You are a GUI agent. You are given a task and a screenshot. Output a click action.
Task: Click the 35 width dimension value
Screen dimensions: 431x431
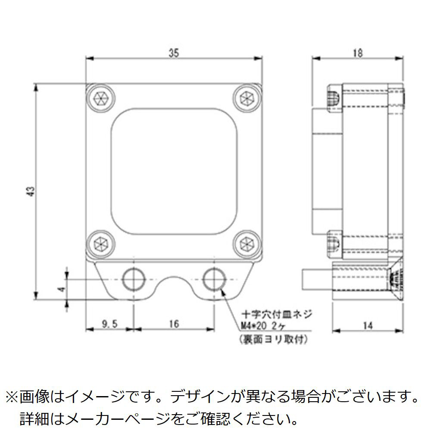[173, 53]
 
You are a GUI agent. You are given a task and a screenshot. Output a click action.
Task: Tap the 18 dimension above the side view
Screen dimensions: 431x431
[357, 53]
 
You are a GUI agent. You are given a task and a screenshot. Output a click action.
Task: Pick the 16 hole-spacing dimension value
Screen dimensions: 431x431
[174, 324]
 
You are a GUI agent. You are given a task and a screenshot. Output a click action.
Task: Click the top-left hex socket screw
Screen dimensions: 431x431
[100, 98]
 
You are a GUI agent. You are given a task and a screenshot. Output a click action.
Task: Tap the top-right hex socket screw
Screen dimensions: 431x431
[247, 98]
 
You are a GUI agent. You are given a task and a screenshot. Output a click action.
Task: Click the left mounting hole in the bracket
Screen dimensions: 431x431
[134, 279]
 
